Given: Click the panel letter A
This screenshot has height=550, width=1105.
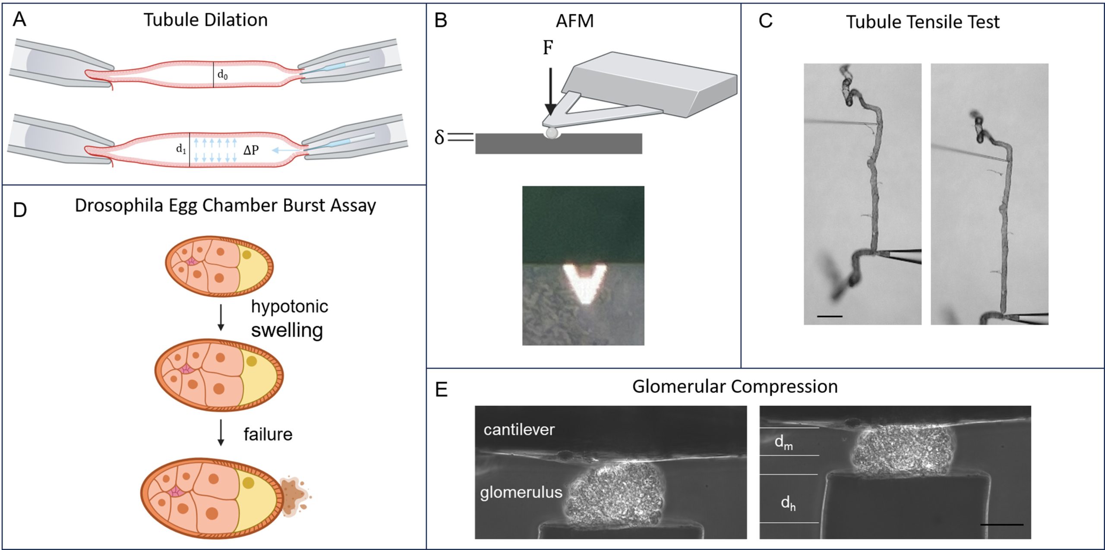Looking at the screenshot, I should (x=19, y=20).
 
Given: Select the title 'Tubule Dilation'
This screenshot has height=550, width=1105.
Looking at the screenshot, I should (x=205, y=20).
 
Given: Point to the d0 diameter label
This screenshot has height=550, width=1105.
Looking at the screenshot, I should (x=222, y=75).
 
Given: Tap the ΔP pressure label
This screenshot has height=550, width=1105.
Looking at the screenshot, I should (x=251, y=150).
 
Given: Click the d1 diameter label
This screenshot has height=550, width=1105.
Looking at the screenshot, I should (x=181, y=149).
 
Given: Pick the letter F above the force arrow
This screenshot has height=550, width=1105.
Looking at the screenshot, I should (x=548, y=48).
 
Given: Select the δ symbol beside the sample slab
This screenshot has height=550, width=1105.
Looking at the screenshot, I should (x=439, y=137).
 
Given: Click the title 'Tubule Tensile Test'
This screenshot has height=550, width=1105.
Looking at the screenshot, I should (x=922, y=22).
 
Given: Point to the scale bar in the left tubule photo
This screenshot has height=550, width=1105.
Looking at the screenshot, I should (x=829, y=316).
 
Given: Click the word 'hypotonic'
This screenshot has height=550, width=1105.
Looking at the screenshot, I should (x=290, y=307).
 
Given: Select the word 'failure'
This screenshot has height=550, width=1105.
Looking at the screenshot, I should (x=268, y=434).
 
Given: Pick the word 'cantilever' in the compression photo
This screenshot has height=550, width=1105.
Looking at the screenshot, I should (x=519, y=430).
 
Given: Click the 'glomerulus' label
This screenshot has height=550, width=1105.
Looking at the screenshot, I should (x=521, y=492).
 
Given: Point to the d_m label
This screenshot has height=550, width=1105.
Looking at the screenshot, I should (x=783, y=442).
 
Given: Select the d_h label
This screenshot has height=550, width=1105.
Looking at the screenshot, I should (x=788, y=503).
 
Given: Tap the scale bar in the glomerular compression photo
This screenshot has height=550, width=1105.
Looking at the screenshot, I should (x=1001, y=525).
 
